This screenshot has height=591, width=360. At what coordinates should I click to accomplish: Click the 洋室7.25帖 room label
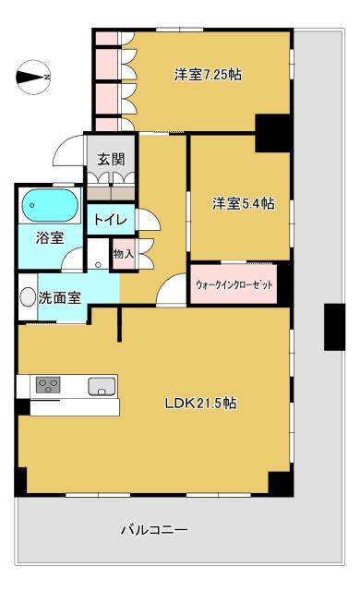208,74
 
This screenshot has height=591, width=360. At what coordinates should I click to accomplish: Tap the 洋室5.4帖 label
244,203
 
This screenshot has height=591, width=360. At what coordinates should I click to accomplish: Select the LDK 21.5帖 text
200,403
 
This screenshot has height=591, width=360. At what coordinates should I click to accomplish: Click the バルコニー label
154,530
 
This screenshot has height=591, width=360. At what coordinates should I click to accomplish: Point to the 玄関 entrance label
111,159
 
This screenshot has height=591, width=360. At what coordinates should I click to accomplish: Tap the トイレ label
111,219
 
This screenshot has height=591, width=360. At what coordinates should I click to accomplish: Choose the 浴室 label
50,238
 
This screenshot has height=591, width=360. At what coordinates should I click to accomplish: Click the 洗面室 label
59,297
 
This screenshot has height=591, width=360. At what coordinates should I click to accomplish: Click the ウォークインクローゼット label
234,285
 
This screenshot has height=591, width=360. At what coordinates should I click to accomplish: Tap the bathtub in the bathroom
50,205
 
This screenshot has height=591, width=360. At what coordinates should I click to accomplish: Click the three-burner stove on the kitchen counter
48,385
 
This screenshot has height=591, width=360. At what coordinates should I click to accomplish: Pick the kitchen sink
102,386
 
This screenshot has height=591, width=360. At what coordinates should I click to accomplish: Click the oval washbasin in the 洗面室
28,296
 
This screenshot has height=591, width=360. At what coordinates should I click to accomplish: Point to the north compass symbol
33,78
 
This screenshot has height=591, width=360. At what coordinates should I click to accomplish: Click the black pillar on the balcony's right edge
334,327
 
